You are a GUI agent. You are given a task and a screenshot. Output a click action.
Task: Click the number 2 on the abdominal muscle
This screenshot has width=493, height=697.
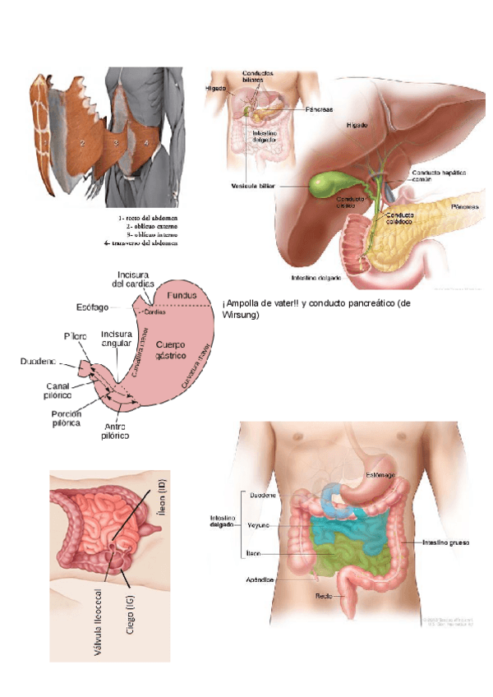(x=82, y=142)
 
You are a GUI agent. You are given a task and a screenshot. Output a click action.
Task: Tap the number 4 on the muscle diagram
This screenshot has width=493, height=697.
(x=146, y=142)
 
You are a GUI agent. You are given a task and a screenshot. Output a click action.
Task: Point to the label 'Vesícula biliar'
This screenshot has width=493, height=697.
(x=252, y=186)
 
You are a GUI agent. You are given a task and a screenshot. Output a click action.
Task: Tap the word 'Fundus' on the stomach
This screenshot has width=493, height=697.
(x=182, y=293)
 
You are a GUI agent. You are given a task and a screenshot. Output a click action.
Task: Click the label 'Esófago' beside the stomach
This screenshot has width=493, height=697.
(x=91, y=308)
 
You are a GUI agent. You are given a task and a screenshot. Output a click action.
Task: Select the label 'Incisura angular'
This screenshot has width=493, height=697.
(x=115, y=339)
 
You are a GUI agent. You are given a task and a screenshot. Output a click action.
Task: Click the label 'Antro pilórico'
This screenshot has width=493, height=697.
(x=115, y=431)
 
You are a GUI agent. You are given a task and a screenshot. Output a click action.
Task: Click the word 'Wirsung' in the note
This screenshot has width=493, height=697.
(x=242, y=315)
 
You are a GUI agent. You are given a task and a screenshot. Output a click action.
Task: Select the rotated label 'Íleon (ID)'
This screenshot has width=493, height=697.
(x=161, y=501)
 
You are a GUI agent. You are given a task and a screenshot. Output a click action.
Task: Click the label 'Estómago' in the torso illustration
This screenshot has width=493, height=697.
(x=380, y=476)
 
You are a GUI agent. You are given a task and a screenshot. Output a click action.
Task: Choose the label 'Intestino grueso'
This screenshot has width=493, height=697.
(x=446, y=542)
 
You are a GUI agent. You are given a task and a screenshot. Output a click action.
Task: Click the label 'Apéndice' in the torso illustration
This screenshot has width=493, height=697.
(x=259, y=579)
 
